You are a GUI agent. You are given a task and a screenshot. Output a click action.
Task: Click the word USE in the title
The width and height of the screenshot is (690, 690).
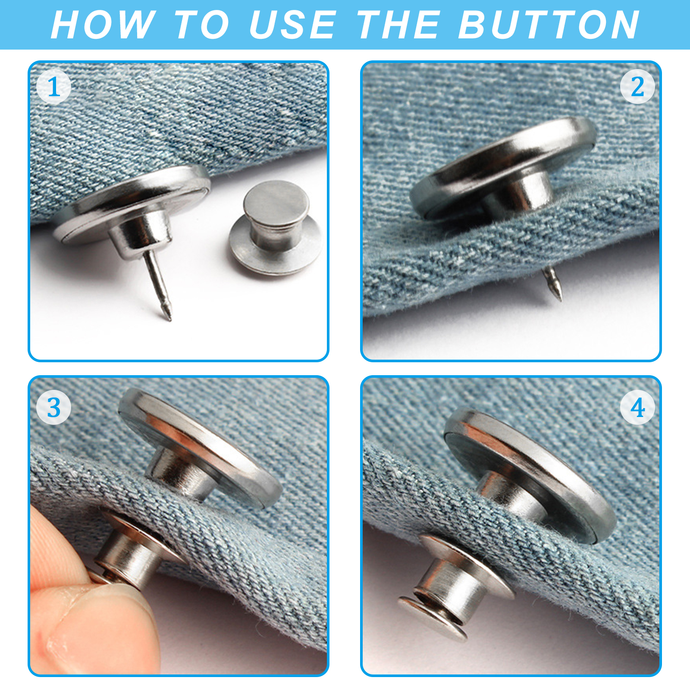293,25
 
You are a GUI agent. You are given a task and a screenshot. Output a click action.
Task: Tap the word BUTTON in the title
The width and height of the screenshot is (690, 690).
549,25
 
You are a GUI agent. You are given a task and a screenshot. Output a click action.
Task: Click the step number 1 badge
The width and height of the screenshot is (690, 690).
53,87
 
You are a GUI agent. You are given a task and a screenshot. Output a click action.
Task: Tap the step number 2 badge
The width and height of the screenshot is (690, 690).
637,87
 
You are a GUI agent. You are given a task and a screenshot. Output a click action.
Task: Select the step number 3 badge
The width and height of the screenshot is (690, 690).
53,408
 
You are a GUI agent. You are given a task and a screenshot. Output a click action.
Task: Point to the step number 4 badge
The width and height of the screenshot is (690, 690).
637,408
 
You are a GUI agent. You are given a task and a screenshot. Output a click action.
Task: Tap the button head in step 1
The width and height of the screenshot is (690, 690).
132,206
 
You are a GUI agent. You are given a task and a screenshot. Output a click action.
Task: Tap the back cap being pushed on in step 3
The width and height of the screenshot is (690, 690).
129,552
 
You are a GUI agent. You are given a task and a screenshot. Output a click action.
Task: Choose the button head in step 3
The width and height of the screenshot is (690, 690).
201,448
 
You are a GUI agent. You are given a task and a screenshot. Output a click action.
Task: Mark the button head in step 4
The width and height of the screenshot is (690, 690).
530,474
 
